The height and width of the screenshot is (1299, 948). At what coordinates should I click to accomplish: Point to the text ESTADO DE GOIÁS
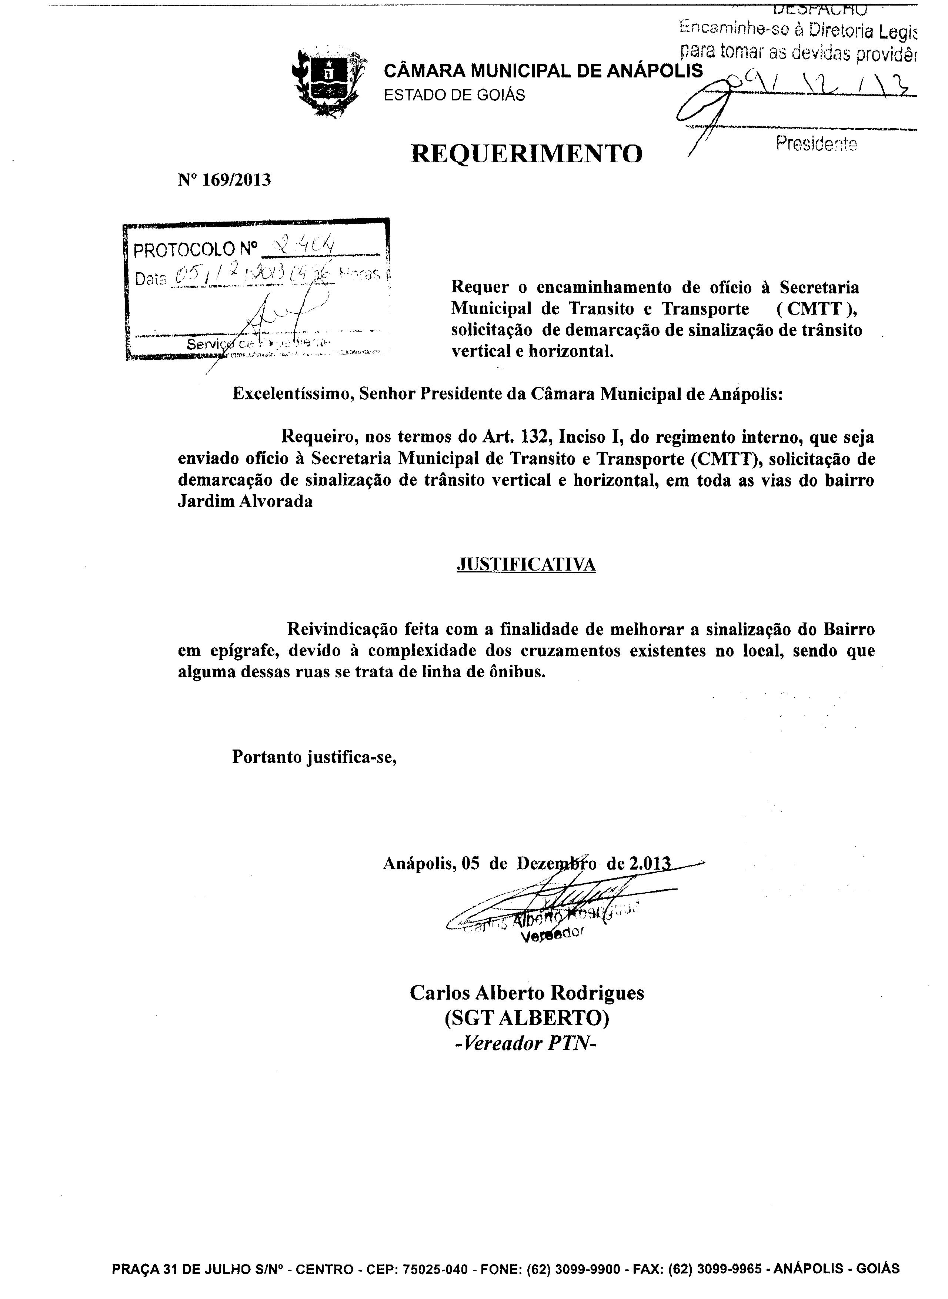[454, 95]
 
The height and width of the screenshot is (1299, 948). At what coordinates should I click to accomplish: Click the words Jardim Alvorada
[245, 501]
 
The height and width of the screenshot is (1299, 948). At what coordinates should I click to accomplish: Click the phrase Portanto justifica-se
[314, 757]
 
